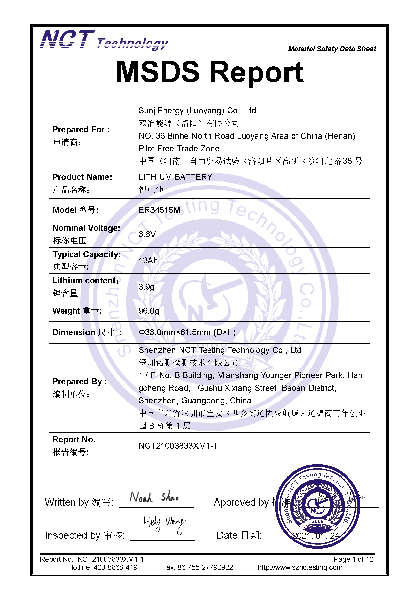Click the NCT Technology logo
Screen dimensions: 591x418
104,40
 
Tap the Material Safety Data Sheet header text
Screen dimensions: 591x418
332,49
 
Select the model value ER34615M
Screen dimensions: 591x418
159,210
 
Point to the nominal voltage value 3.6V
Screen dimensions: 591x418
147,234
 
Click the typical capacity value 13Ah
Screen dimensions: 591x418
148,261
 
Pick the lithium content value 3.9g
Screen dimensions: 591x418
146,287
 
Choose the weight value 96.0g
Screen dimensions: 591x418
149,311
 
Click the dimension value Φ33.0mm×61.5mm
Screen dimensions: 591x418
187,332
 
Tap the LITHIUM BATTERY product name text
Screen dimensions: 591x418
175,177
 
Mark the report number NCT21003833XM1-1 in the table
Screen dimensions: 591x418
178,446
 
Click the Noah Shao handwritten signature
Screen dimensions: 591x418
154,497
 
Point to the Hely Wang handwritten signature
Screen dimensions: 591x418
164,524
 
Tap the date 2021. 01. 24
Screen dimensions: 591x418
316,536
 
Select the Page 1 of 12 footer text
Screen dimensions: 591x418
353,559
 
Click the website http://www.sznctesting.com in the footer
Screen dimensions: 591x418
300,567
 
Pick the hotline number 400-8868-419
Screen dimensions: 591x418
115,567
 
